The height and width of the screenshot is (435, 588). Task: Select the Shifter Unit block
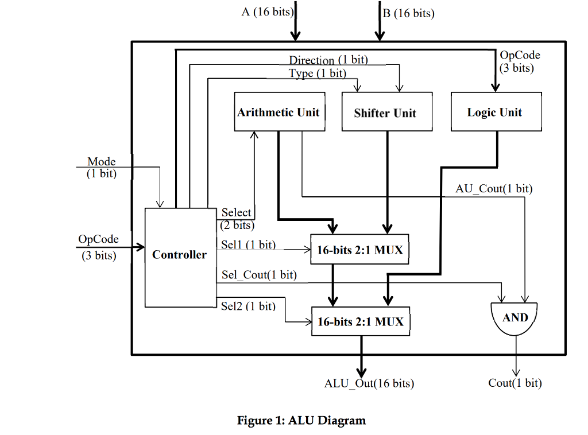tap(386, 112)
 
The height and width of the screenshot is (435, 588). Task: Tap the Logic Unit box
tap(496, 112)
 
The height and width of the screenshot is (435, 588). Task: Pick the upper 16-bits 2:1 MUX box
tap(359, 250)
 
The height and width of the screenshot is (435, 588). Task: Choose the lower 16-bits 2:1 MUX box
tap(361, 321)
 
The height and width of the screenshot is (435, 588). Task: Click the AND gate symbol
tap(515, 319)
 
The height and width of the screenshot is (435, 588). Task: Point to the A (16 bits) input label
tap(268, 12)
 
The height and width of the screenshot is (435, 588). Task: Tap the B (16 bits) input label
tap(409, 13)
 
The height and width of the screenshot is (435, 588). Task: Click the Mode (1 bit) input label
tap(102, 168)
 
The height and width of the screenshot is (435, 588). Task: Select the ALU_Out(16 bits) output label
tap(369, 383)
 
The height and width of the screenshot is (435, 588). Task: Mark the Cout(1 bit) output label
tap(515, 383)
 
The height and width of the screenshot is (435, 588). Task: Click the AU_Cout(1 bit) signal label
tap(494, 188)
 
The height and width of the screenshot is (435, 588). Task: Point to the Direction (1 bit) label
tap(328, 60)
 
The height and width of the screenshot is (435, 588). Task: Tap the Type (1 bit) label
tap(318, 73)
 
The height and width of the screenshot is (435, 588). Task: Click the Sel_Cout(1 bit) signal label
tap(259, 275)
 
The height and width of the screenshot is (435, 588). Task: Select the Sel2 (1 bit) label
tap(248, 306)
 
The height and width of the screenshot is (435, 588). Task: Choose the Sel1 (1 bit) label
tap(248, 244)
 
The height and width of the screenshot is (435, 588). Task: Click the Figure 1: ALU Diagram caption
tap(301, 420)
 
